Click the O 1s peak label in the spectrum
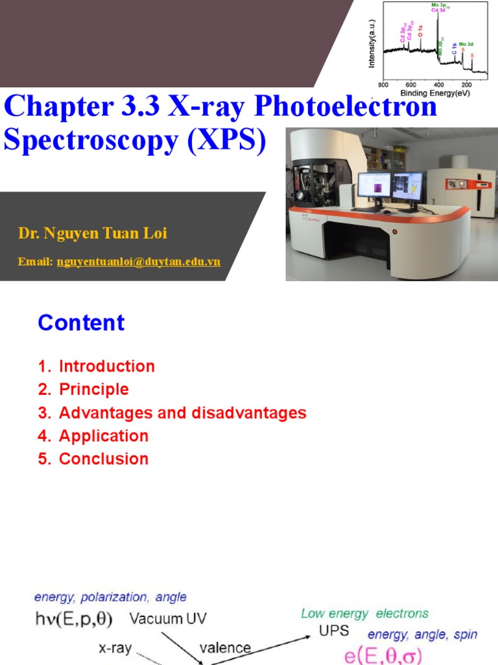click(x=420, y=31)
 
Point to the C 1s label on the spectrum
click(x=455, y=49)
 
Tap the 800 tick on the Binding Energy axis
click(x=383, y=85)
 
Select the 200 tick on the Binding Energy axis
click(x=466, y=85)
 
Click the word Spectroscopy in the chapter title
click(x=91, y=140)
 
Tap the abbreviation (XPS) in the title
click(x=227, y=140)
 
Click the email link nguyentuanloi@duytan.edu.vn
click(x=139, y=262)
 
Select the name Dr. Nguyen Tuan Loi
click(x=93, y=233)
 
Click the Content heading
click(x=81, y=323)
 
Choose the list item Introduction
click(x=107, y=366)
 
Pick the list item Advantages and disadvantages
click(x=182, y=413)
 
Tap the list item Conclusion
click(x=104, y=459)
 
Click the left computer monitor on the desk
click(x=374, y=188)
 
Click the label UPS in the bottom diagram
click(x=334, y=631)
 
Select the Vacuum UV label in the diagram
click(x=168, y=619)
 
